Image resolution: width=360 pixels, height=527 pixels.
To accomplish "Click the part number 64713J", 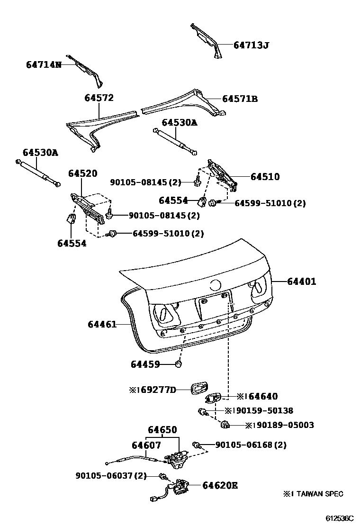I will (x=251, y=45).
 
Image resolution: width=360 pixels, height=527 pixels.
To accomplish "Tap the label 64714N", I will (x=44, y=64).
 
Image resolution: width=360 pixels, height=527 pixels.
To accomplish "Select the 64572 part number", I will (x=99, y=98).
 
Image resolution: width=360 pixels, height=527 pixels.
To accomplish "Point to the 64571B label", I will (x=240, y=99).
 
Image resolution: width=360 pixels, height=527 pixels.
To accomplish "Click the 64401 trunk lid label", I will (x=301, y=282).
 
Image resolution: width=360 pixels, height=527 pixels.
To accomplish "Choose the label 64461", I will (x=102, y=325).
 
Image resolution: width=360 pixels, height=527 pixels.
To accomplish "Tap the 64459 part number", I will (x=145, y=364).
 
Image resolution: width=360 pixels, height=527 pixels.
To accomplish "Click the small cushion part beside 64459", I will (x=180, y=364).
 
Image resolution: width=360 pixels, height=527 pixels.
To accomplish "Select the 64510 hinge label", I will (x=265, y=177).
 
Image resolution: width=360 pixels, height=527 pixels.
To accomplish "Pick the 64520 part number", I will (x=82, y=173).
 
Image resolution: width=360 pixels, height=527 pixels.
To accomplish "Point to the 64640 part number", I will (x=261, y=397).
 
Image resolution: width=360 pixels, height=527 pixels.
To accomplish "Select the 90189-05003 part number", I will (x=283, y=425).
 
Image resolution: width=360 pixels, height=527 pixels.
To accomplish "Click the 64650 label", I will (x=162, y=430).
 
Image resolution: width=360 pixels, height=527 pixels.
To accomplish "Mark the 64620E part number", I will (x=220, y=485).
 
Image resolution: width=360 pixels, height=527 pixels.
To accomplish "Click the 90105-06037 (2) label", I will (x=110, y=475).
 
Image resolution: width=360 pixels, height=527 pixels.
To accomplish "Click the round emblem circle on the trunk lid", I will (x=216, y=285).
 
